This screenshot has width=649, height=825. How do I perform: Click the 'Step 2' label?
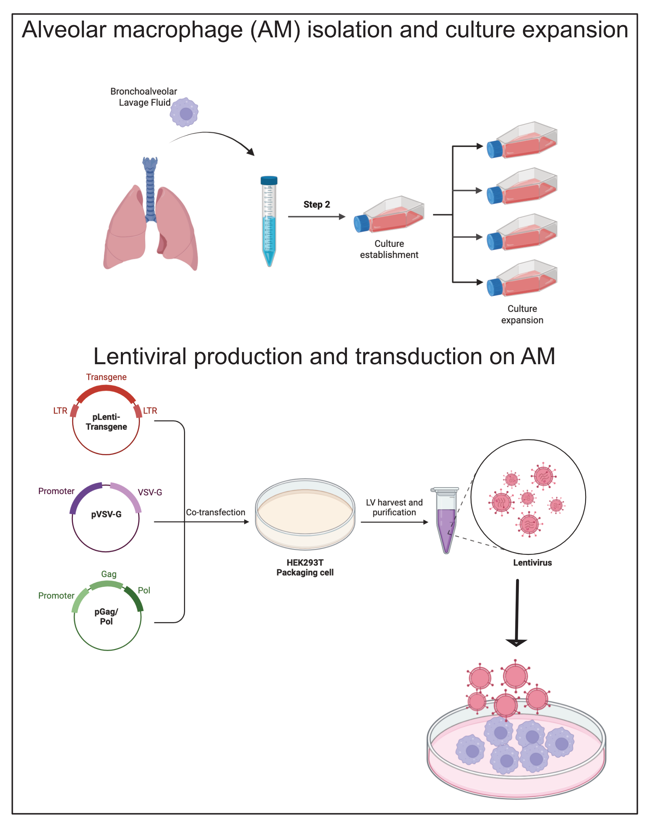[317, 205]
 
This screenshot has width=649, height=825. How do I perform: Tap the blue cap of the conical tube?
[269, 180]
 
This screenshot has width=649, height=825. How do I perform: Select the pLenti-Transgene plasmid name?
[106, 422]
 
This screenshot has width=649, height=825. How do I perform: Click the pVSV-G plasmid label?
[106, 514]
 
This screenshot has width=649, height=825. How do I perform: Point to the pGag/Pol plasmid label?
[106, 616]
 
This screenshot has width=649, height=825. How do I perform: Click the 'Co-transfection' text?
[215, 512]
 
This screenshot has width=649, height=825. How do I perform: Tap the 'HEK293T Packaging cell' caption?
[305, 567]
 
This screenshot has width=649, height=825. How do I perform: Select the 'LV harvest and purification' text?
[394, 507]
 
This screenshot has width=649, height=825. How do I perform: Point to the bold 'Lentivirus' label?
[532, 562]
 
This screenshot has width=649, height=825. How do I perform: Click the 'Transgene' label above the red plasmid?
[106, 377]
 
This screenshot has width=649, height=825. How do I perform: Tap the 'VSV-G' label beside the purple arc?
[150, 492]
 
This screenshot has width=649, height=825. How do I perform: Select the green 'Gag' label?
[109, 574]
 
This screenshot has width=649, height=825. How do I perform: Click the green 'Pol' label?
[144, 590]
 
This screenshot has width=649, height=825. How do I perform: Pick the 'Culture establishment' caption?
[389, 249]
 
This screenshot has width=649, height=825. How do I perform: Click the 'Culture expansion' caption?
[522, 314]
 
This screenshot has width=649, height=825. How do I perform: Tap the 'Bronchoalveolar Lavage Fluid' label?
[144, 97]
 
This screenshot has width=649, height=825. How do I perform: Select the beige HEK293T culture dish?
[305, 514]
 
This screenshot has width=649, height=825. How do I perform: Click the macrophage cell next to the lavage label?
[184, 112]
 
